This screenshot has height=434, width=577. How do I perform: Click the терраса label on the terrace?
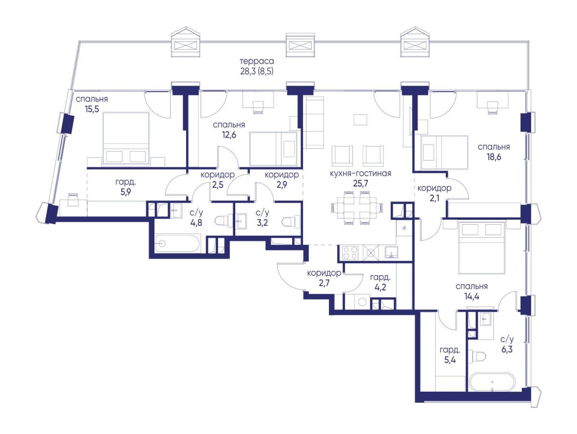pos(257,61)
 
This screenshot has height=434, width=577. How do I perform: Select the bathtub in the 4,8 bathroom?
pos(178,243)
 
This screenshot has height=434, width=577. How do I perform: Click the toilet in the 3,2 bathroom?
pos(290,222)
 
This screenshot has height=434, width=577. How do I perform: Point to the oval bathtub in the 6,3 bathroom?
pos(490,382)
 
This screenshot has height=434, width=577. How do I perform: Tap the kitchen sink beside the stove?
pos(391,253)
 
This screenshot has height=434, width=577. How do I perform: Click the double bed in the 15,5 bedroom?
pos(126,139)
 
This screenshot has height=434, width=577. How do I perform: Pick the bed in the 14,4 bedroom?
pos(481,247)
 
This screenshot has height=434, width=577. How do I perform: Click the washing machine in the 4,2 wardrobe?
pos(362,301)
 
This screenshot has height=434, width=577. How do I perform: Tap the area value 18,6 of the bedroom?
pos(494,157)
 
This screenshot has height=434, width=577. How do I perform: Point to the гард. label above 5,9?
pos(125,182)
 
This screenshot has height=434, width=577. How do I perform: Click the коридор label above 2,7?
pos(324,273)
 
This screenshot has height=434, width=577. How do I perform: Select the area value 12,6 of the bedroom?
pos(229,135)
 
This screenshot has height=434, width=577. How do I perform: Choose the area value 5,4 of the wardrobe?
pos(450,360)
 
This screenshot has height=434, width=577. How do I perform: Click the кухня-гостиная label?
pos(361,173)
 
